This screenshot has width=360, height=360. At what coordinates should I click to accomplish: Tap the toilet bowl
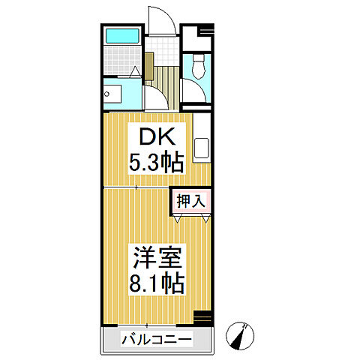click(199, 67)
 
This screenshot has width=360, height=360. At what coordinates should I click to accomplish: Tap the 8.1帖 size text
click(157, 283)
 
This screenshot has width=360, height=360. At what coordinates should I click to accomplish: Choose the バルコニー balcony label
click(157, 340)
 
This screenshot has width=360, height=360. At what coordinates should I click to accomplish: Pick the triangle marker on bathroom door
click(136, 73)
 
